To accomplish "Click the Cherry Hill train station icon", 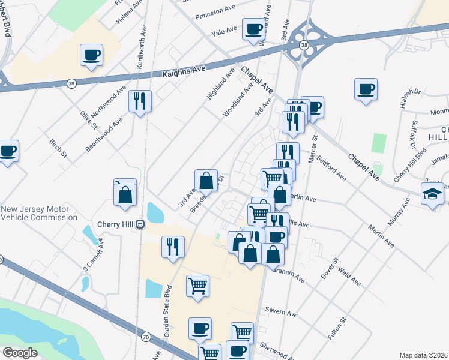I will pos(140,224).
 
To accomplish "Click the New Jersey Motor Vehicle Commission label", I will pos(39,213).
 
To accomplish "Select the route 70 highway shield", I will pos(146,337).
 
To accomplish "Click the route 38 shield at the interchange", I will pos(304,46).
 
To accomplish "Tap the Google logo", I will pos(20,353).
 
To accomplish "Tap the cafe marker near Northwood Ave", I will pos(91,55).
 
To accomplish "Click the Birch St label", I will pos(58,149).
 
